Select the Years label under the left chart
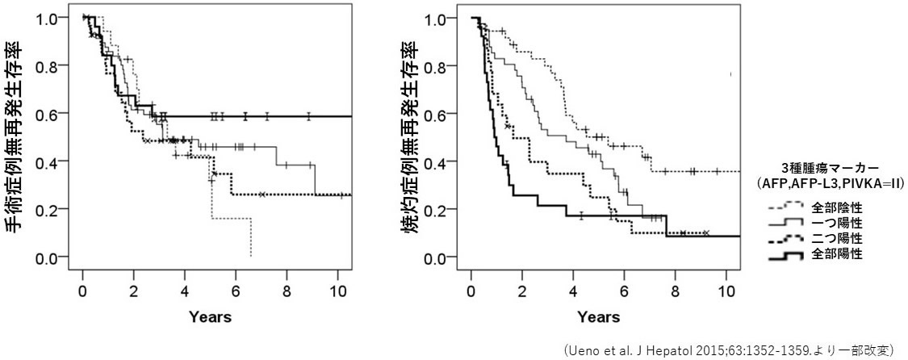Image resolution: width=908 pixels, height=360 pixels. pos(210,317)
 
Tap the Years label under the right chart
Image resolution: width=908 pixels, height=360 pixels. pos(599,317)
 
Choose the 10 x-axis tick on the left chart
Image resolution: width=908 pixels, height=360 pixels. pos(338,291)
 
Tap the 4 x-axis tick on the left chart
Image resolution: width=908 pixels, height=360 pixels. pos(185,291)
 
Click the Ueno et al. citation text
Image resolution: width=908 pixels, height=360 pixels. pos(728,349)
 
